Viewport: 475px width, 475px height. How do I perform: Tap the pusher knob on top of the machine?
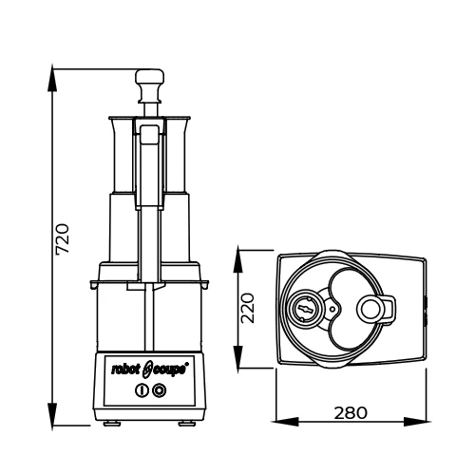point(149,78)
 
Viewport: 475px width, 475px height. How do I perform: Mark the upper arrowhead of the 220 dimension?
point(239,253)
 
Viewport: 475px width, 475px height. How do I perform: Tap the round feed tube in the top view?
point(370,307)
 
